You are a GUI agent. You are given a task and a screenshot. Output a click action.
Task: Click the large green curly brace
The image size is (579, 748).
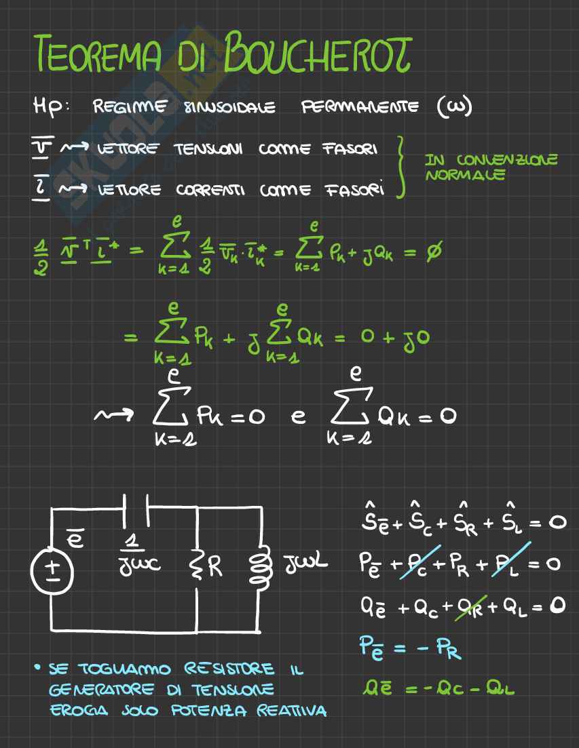[x=402, y=165]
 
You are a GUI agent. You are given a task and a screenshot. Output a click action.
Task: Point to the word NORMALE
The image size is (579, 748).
[x=465, y=176]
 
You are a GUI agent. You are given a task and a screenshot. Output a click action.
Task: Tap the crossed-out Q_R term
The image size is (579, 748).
[x=468, y=606]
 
